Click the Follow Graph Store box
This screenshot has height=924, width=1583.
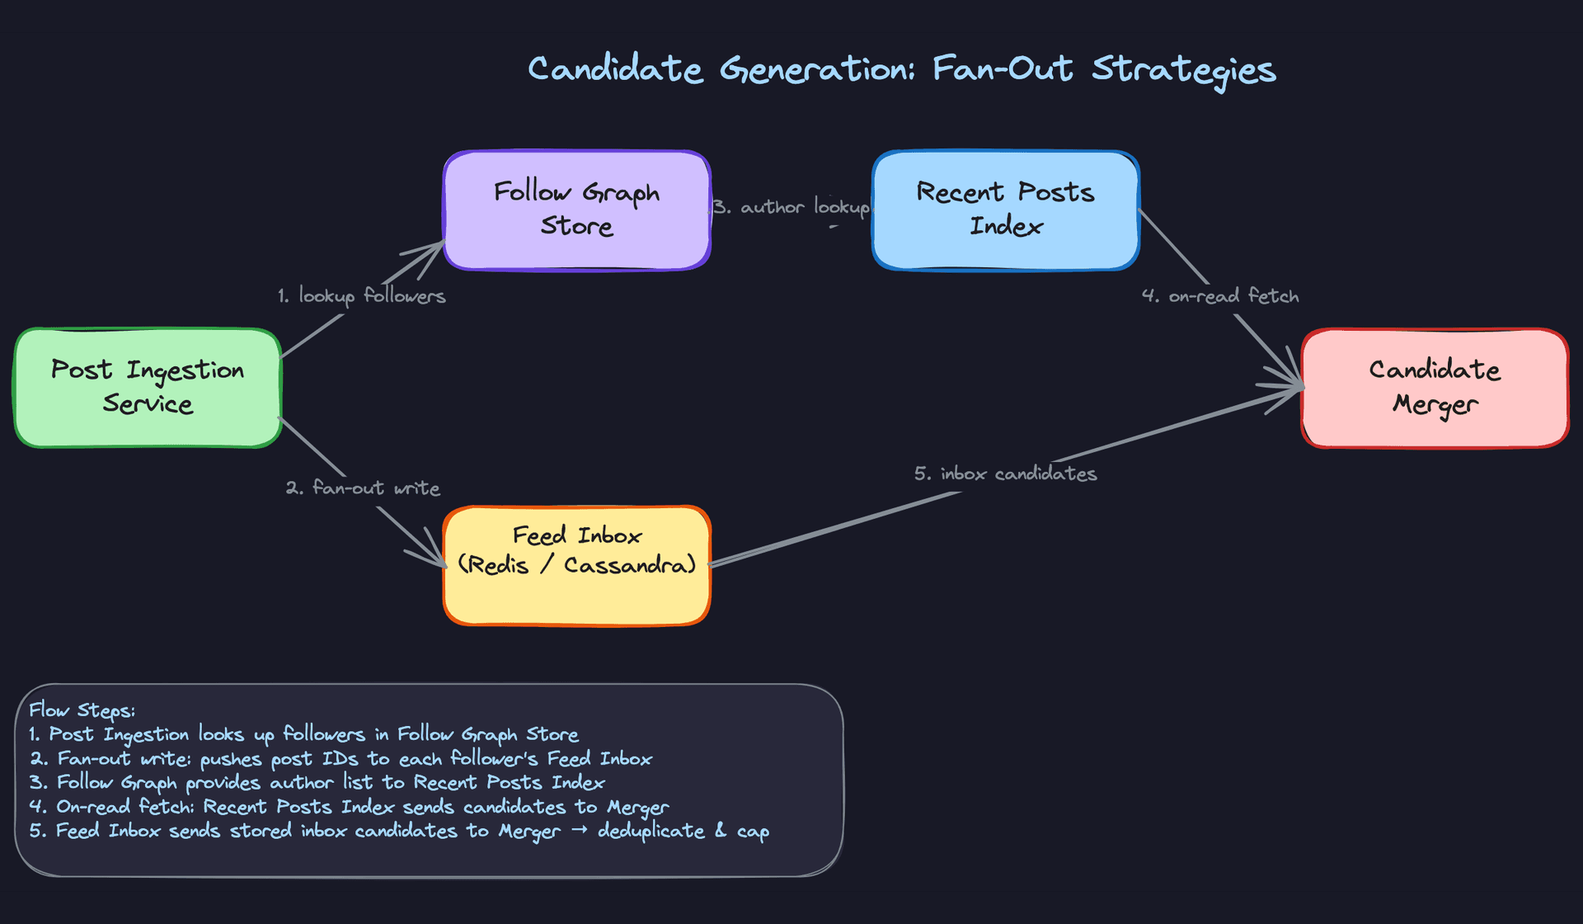577,210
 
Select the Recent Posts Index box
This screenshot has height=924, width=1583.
1006,210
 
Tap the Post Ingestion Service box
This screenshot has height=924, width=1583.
148,388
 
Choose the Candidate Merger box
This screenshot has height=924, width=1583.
1435,388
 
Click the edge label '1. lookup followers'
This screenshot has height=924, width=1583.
361,295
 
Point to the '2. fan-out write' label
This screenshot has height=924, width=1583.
363,488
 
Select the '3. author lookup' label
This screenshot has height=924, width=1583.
791,206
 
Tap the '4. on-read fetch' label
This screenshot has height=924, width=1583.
1220,295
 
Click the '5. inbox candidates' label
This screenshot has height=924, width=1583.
1005,474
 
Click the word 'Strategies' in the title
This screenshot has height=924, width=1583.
1184,69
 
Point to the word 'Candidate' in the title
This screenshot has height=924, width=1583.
615,69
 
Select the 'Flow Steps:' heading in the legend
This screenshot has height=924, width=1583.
82,710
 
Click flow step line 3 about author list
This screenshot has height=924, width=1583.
317,782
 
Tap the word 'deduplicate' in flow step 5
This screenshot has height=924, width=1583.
651,831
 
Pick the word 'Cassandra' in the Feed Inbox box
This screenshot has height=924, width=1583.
630,565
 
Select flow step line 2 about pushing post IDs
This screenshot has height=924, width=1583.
341,758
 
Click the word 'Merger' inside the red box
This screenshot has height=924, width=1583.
1435,404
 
